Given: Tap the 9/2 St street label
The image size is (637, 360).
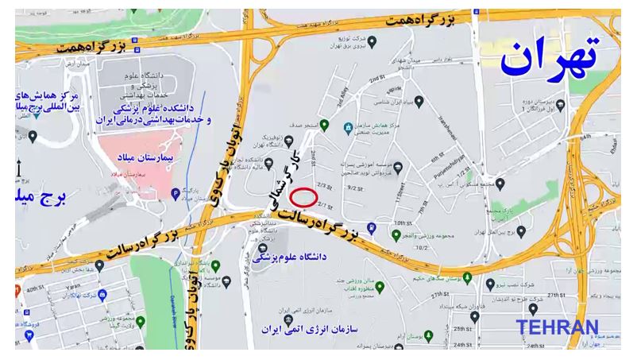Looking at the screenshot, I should (x=354, y=188).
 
